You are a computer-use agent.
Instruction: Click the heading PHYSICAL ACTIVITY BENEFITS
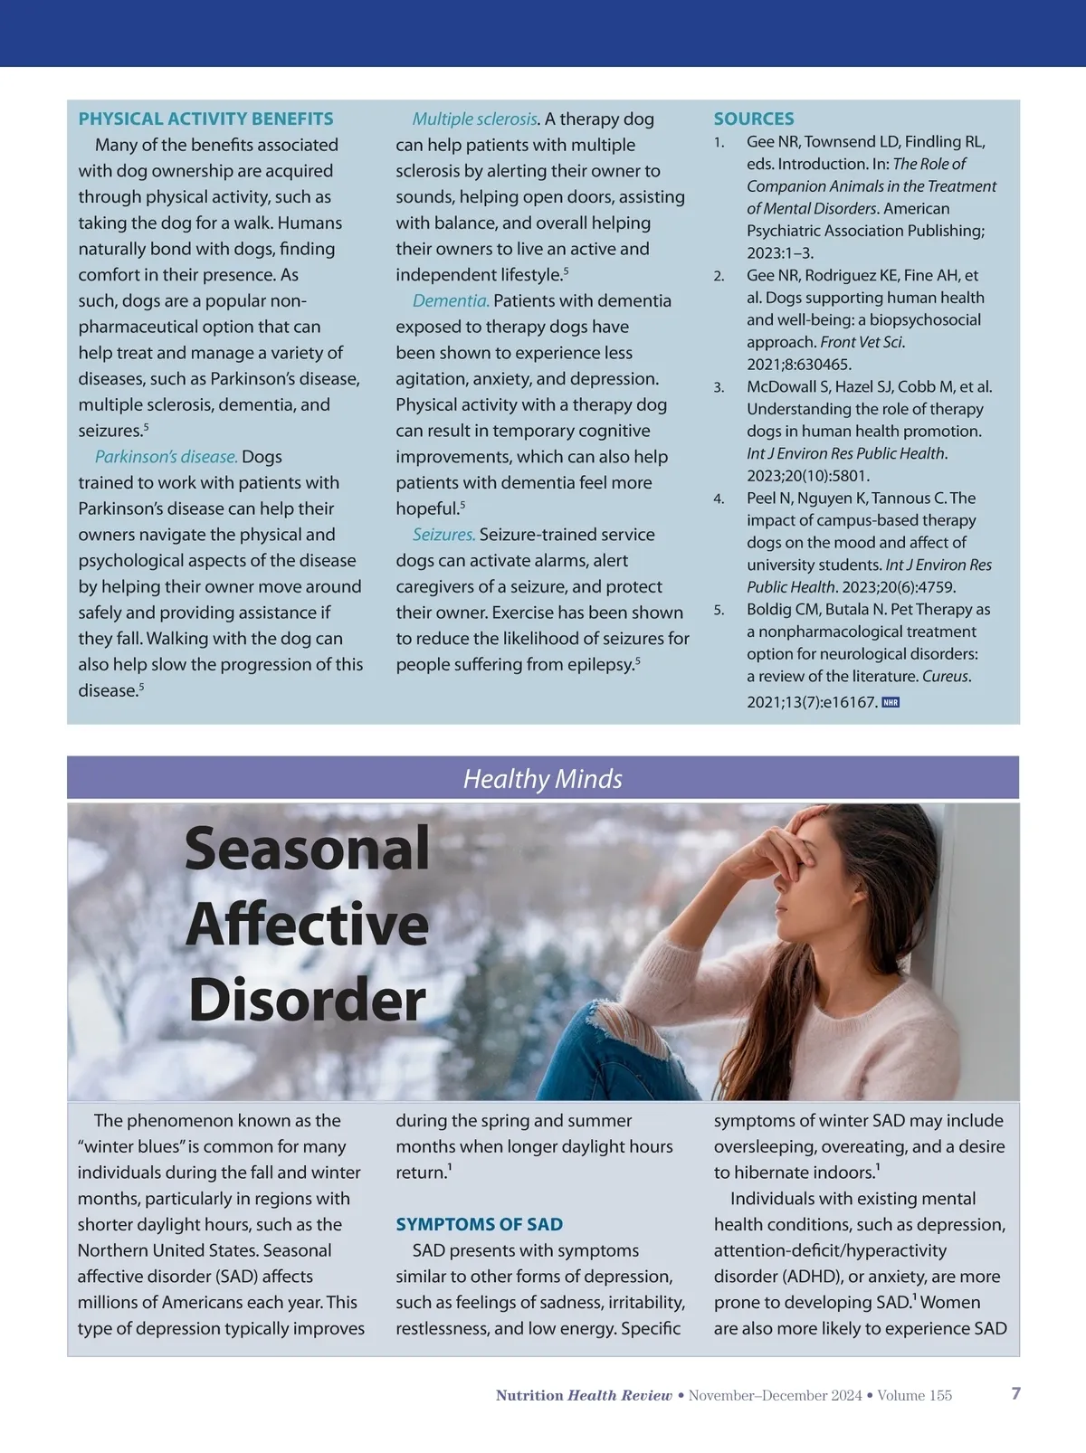[205, 119]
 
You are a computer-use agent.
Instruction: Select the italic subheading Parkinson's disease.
[167, 457]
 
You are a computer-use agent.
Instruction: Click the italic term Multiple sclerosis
[475, 119]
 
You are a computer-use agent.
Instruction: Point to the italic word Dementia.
[451, 300]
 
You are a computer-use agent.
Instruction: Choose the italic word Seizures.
[443, 535]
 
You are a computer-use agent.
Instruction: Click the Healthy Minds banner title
[542, 779]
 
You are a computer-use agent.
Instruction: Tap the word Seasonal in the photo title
[307, 849]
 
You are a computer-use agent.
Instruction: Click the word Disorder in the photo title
[307, 1001]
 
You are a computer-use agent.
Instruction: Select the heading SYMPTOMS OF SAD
[479, 1224]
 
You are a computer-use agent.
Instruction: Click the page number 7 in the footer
[1015, 1393]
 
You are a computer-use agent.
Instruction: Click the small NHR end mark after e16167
[891, 702]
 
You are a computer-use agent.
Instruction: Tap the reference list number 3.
[719, 387]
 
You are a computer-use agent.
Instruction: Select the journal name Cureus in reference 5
[946, 676]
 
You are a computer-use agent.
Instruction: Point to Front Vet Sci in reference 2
[861, 342]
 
